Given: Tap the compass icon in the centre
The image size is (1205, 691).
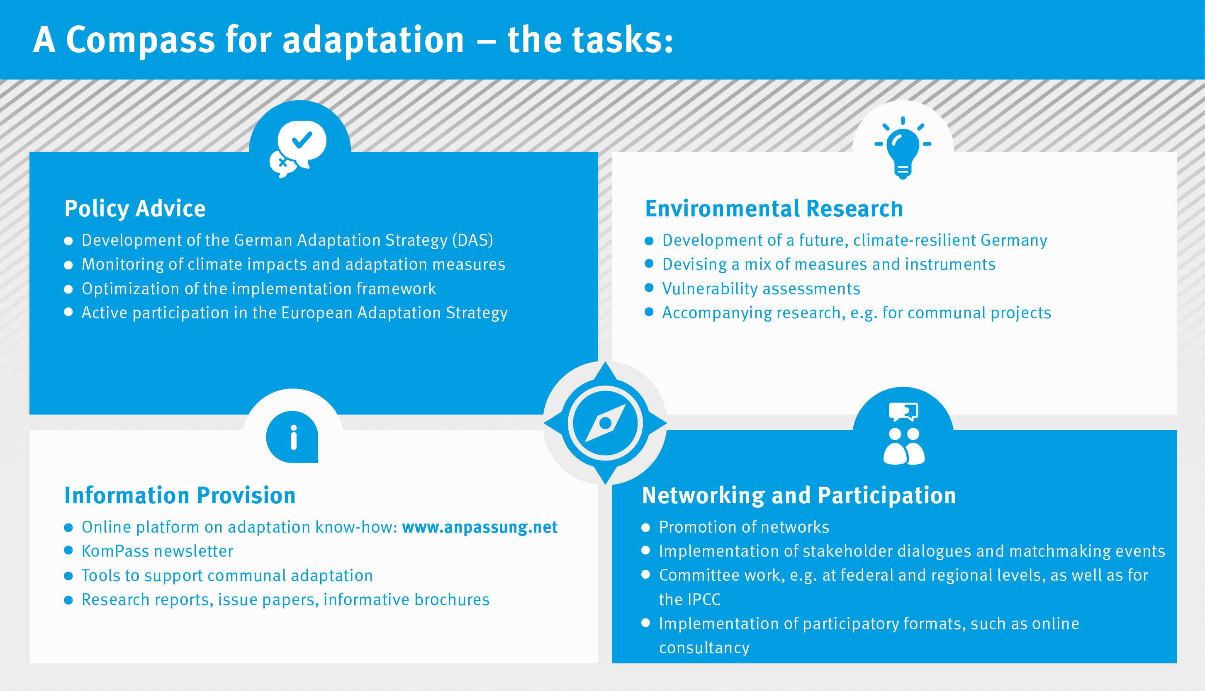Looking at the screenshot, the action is point(605,423).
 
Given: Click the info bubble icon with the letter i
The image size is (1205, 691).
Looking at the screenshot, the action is point(292,436).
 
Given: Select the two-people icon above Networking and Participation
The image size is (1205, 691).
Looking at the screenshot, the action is point(904,434).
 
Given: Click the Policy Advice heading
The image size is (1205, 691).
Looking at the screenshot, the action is point(135,209).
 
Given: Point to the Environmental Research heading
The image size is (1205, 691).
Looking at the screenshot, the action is point(774,209).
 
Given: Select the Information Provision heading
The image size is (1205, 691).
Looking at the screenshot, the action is point(180,495).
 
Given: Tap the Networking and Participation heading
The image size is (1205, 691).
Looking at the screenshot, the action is point(798,495).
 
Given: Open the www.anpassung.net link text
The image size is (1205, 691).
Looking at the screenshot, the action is point(480,527).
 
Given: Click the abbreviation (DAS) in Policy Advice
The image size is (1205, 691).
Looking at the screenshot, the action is point(472,240).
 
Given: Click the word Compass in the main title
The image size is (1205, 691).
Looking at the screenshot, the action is point(140,40).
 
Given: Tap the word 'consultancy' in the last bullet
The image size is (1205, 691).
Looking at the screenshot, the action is point(704,648).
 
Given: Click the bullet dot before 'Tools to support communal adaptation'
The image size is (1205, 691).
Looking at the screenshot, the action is point(68,576).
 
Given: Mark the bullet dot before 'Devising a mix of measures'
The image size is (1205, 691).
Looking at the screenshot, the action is point(649,264).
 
